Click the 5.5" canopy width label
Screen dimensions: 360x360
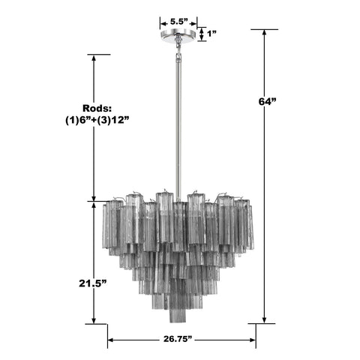coord(178,22)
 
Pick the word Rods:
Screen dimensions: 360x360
coord(94,108)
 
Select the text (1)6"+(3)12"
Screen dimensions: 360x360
coord(94,121)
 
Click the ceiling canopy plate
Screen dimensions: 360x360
coord(178,34)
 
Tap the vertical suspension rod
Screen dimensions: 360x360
coord(178,120)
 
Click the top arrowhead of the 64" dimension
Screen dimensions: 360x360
coord(264,34)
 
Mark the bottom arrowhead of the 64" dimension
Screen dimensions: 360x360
coord(264,319)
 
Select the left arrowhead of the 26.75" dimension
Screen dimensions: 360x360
coord(111,341)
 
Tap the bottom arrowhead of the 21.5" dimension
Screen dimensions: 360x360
coord(94,319)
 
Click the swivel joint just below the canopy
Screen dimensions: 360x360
coord(178,46)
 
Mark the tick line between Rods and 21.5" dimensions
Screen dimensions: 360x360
coord(94,200)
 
